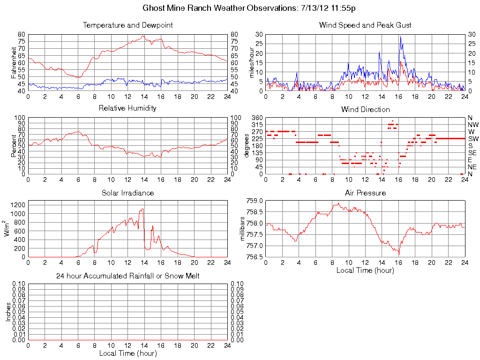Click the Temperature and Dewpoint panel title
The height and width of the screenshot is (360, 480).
127,25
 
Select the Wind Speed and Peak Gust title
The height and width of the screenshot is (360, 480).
365,25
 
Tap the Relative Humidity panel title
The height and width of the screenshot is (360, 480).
127,108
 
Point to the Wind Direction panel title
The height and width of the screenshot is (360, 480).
365,109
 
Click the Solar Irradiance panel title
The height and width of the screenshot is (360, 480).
127,193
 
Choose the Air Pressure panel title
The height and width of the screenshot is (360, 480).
365,193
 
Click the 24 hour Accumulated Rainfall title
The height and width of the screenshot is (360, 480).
127,276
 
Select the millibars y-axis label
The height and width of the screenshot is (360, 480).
243,228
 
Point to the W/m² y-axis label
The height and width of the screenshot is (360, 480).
7,228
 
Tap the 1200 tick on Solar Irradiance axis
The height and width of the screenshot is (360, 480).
18,204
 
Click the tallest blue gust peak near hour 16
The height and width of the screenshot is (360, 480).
400,37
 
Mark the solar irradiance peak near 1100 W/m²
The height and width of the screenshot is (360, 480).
142,209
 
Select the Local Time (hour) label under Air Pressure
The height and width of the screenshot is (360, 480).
365,270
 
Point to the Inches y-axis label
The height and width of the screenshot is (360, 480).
8,312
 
